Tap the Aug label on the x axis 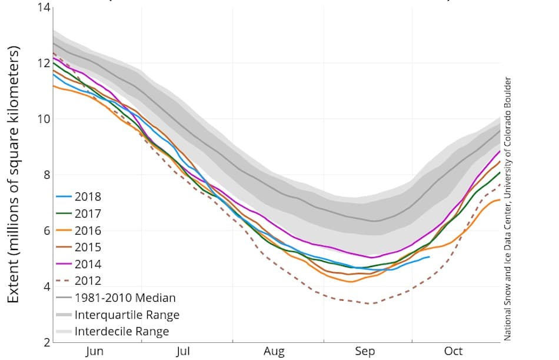point(274,352)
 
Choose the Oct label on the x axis point(453,352)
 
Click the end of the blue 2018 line point(430,257)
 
